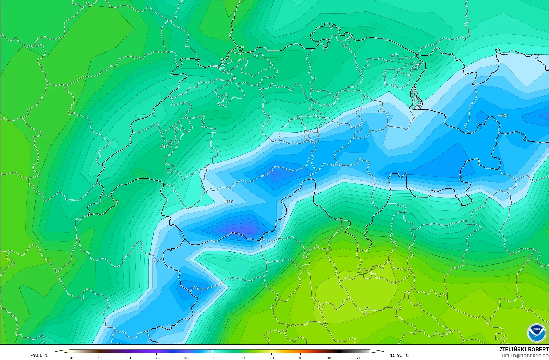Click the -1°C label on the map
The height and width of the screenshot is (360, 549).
(229, 202)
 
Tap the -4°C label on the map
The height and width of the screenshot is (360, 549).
(503, 116)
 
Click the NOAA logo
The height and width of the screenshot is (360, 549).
(536, 333)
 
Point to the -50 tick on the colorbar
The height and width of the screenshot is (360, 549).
(70, 358)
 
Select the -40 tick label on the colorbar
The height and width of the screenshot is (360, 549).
(99, 358)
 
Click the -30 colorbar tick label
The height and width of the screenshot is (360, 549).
(128, 358)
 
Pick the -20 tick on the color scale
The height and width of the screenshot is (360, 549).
(156, 358)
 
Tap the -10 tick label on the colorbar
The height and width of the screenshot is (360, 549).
(185, 358)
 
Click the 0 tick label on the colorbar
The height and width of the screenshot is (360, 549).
(214, 358)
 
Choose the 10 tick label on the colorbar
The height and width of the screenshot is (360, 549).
(243, 358)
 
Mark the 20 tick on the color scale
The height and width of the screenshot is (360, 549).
(272, 358)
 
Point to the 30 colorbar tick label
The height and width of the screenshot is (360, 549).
(300, 358)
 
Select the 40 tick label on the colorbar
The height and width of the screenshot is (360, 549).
(329, 358)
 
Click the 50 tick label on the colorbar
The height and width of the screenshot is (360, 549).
(358, 358)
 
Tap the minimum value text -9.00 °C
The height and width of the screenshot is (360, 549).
(40, 355)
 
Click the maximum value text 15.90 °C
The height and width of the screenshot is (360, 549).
(399, 355)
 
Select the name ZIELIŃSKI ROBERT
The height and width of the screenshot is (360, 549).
(524, 350)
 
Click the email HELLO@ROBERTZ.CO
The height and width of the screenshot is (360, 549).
(525, 356)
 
